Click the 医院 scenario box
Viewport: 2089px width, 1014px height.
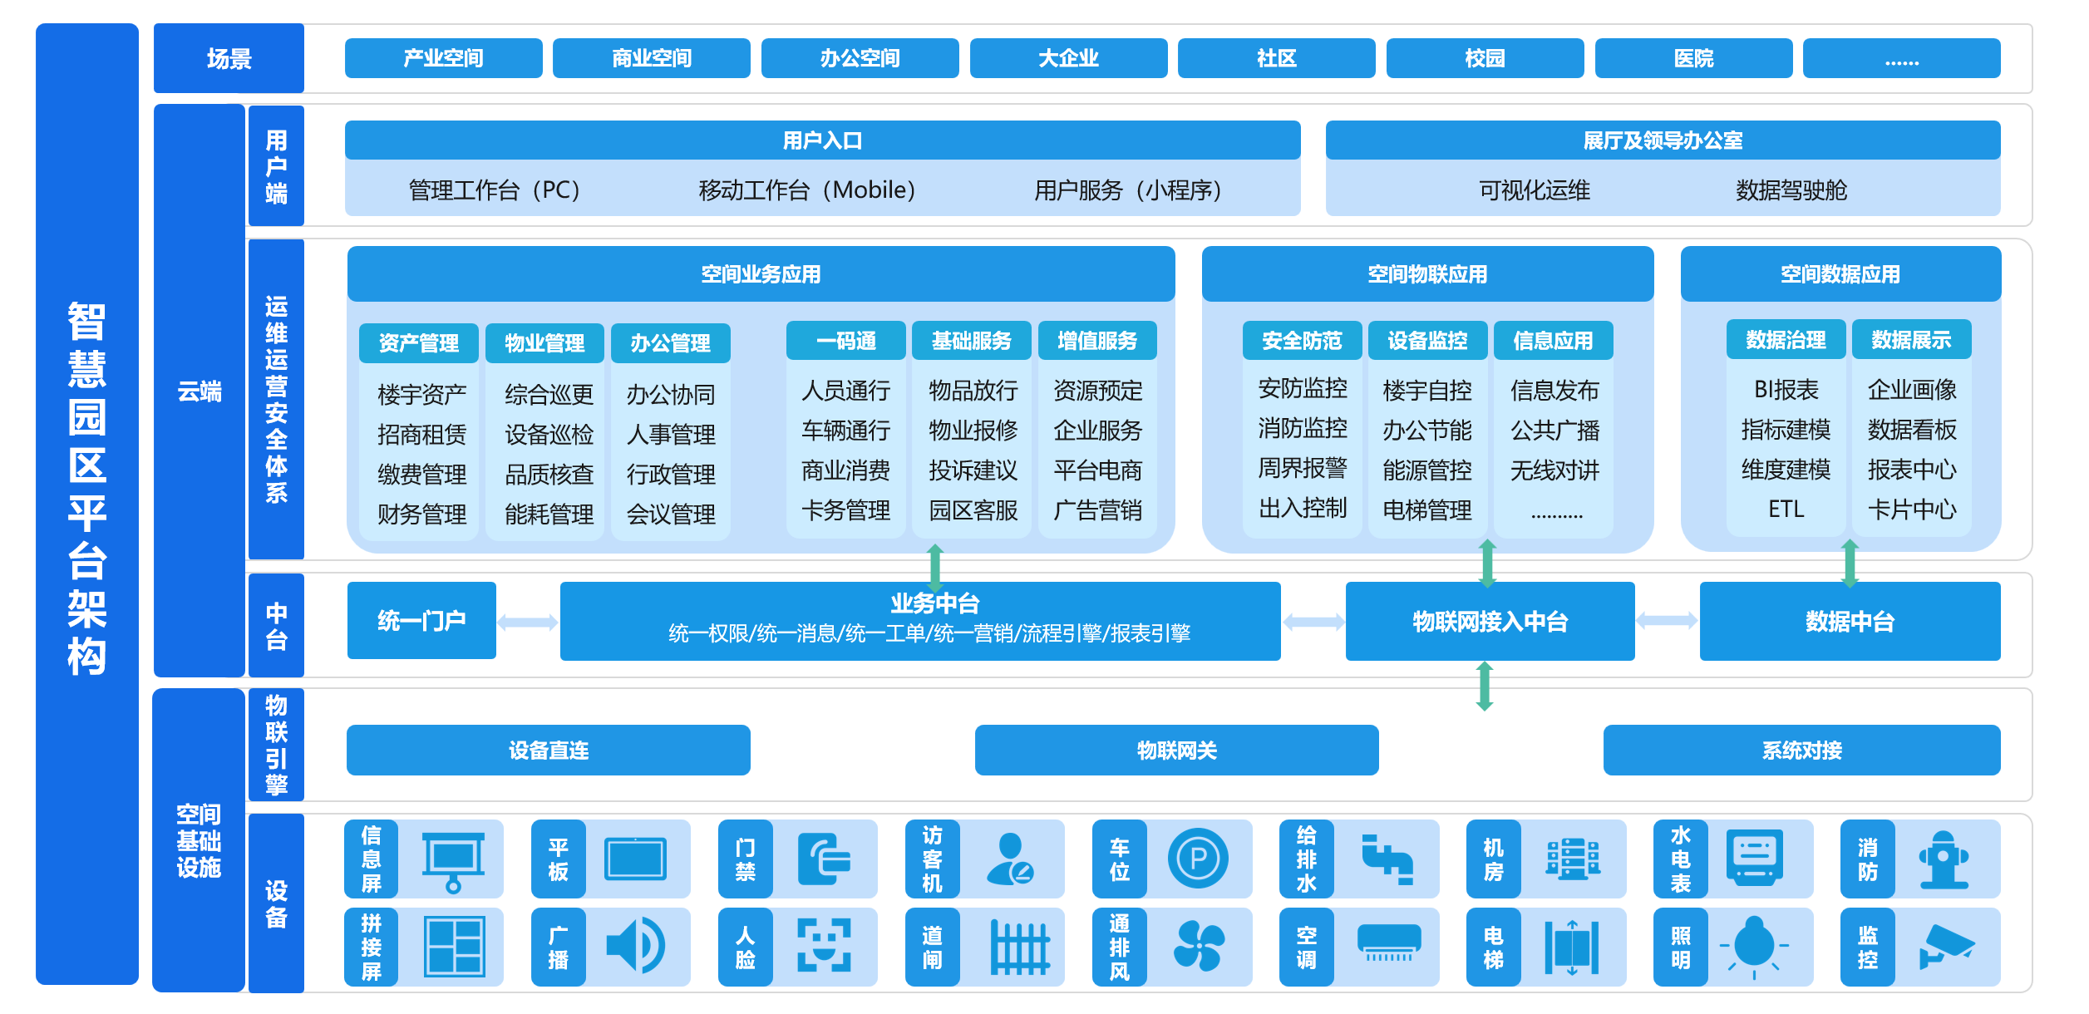[x=1692, y=58]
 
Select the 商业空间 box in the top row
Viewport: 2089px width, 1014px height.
[x=651, y=58]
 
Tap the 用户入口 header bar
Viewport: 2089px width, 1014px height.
[x=822, y=140]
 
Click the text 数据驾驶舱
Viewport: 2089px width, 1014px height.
[x=1791, y=190]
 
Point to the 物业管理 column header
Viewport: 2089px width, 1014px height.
[x=544, y=342]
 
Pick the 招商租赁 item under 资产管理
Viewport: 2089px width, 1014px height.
[x=421, y=434]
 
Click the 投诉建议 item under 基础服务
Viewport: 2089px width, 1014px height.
[x=973, y=470]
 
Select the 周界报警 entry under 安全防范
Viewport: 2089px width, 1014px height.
[x=1302, y=468]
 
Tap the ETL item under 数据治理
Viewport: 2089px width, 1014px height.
[x=1786, y=509]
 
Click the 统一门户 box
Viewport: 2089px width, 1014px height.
[x=421, y=621]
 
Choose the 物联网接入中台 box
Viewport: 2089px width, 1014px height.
[x=1490, y=622]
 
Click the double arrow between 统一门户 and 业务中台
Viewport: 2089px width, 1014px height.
[x=527, y=623]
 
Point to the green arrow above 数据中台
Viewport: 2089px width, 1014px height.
[x=1850, y=563]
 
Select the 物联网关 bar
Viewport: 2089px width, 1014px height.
[x=1176, y=751]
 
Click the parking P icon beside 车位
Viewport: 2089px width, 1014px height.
[x=1198, y=859]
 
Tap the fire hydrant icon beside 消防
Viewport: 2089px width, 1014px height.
[x=1943, y=859]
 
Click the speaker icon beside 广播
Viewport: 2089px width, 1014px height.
[x=636, y=946]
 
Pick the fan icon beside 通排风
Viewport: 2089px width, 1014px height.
[x=1198, y=947]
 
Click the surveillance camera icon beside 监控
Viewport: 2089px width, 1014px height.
[x=1945, y=947]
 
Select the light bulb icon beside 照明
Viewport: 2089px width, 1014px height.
[x=1755, y=946]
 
